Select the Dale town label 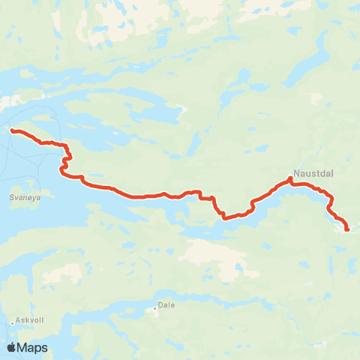click(x=166, y=306)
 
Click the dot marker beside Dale click(x=155, y=307)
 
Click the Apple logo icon click(x=11, y=347)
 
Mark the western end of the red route click(x=12, y=130)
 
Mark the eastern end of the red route click(x=346, y=229)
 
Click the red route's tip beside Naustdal click(x=290, y=178)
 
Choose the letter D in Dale click(x=160, y=306)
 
